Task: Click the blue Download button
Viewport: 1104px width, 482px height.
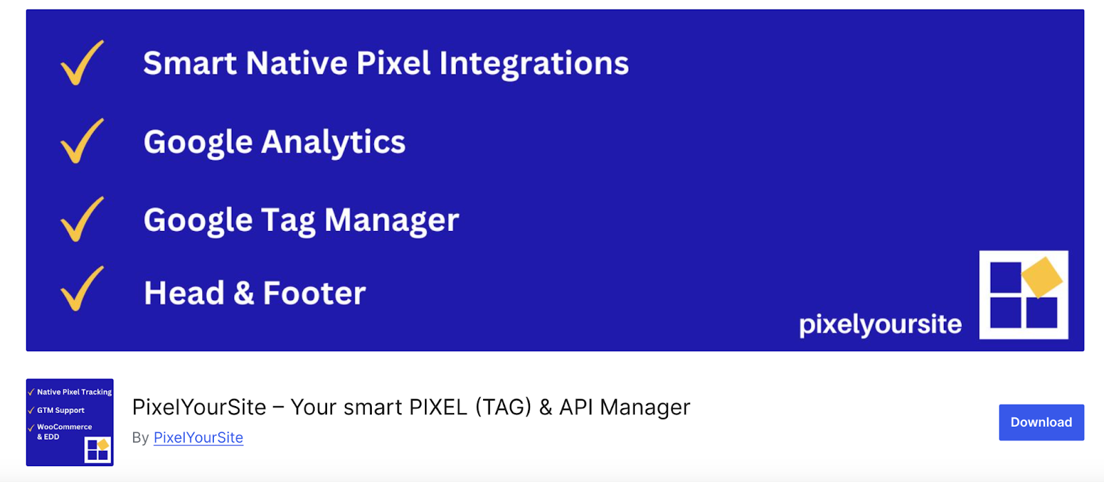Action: click(x=1041, y=422)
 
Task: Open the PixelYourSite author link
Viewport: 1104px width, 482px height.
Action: click(x=198, y=438)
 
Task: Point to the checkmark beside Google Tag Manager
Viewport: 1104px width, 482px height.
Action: click(x=82, y=219)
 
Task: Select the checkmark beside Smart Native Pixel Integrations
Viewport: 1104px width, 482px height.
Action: click(x=82, y=63)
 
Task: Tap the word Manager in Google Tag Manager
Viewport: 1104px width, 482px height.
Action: click(x=391, y=221)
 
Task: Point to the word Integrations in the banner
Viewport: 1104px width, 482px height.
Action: click(x=534, y=63)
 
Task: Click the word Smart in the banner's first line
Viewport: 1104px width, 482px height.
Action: click(x=190, y=63)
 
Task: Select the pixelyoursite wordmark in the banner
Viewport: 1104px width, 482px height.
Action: click(x=880, y=324)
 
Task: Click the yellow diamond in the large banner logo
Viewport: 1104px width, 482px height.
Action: click(x=1041, y=277)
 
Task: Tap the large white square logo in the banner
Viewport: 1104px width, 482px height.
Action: click(x=1023, y=295)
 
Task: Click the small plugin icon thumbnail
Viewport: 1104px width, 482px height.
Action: click(x=70, y=422)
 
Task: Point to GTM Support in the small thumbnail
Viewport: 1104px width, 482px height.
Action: click(x=61, y=410)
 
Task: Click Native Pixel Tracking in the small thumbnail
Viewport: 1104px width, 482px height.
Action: click(x=74, y=392)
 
